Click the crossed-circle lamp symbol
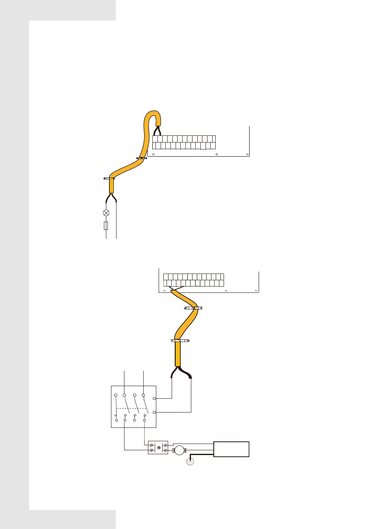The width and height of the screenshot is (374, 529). point(106,213)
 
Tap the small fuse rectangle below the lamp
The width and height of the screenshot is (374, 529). point(106,226)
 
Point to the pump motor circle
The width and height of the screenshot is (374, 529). point(180,450)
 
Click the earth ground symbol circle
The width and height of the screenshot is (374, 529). point(190,461)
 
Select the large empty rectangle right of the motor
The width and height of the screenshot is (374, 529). point(231,449)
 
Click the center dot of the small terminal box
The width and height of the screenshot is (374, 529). point(159,448)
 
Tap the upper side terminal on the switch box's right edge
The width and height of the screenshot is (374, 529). point(154,399)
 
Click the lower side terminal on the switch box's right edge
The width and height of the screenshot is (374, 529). point(154,412)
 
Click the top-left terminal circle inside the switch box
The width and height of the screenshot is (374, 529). point(116,395)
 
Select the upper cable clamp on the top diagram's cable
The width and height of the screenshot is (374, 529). point(141,159)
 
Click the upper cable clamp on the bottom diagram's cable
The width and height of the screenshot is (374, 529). point(193,308)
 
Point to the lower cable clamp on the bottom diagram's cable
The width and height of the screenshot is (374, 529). point(180,340)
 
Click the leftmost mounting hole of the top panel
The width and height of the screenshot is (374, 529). point(154,154)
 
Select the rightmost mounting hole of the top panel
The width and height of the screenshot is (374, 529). point(246,154)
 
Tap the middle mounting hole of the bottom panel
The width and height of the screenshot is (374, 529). point(226,291)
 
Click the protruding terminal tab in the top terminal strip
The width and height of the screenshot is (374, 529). point(203,146)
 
